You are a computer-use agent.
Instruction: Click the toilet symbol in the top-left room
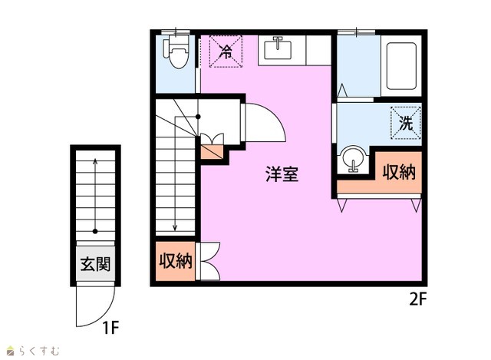(x=176, y=51)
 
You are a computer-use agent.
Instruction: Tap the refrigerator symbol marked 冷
(x=226, y=51)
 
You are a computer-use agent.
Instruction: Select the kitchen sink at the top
(x=278, y=48)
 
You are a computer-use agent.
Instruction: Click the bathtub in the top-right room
(x=401, y=66)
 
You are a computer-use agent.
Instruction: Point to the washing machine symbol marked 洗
(x=406, y=123)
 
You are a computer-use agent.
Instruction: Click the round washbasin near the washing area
(x=354, y=159)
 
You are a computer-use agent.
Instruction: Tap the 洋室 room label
(x=282, y=174)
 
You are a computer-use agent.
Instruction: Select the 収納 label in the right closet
(x=399, y=172)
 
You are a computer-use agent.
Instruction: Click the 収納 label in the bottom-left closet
(x=176, y=261)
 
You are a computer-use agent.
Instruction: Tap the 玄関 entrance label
(x=95, y=264)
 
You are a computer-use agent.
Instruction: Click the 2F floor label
(x=418, y=299)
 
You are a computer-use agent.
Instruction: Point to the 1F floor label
(x=110, y=328)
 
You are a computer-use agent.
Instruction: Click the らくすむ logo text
(x=39, y=351)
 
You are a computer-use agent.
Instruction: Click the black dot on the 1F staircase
(x=95, y=232)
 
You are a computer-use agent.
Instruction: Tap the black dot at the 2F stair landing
(x=198, y=117)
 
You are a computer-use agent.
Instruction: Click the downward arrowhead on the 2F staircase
(x=175, y=227)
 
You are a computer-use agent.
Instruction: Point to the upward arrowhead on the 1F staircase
(x=95, y=161)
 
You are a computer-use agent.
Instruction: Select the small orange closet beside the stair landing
(x=212, y=152)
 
